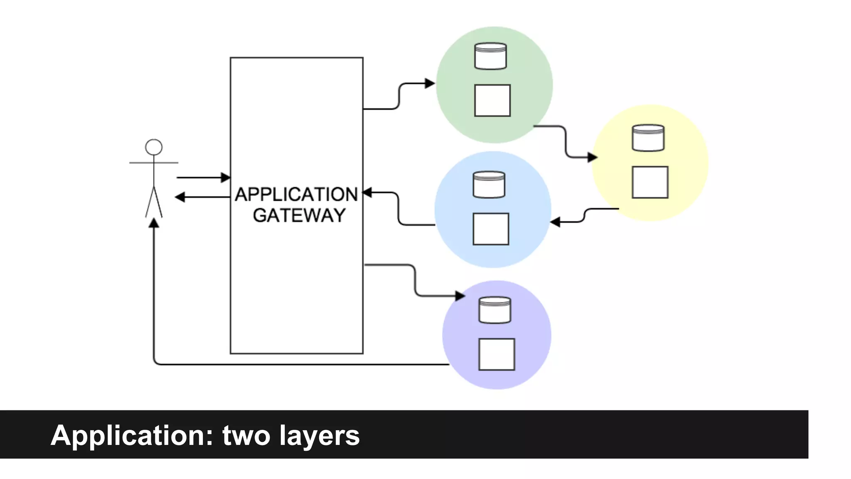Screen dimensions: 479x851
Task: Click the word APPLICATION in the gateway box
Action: coord(296,195)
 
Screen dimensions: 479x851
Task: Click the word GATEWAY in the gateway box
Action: coord(299,215)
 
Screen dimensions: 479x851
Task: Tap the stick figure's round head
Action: coord(154,147)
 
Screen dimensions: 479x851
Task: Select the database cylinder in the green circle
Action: coord(490,56)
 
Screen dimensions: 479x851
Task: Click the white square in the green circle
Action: coord(492,101)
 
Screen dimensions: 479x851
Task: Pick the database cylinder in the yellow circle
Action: coord(648,138)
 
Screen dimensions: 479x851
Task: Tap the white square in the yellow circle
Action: coord(650,182)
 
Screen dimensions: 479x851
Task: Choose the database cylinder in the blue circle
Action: coord(489,185)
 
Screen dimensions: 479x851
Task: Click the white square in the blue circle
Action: coord(491,229)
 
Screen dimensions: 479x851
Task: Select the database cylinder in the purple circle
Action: coord(494,310)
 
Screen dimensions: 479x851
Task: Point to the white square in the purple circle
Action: coord(497,354)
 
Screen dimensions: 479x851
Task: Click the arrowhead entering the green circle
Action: coord(430,84)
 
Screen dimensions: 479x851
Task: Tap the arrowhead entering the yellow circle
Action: coord(593,157)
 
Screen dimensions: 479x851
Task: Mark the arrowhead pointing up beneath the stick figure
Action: coord(154,223)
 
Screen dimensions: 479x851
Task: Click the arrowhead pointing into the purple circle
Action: coord(460,296)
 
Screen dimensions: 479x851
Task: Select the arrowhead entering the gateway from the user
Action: coord(226,178)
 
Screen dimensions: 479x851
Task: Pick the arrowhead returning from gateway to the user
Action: coord(180,197)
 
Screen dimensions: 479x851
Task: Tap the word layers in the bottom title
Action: coord(319,436)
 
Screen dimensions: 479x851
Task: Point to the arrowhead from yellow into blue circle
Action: coord(555,222)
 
